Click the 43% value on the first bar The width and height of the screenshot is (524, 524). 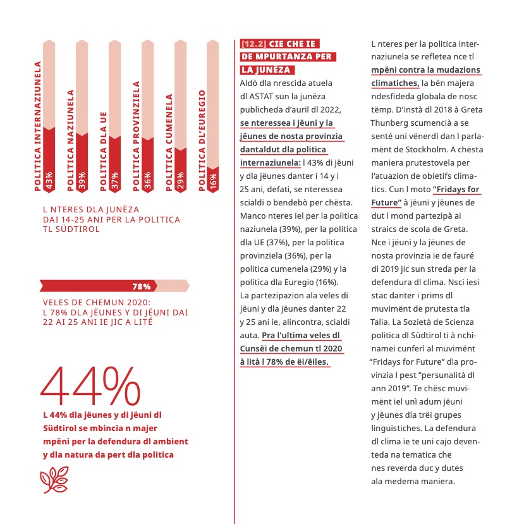click(49, 179)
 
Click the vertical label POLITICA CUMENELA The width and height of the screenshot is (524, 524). click(169, 142)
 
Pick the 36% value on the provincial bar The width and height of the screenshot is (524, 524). click(147, 180)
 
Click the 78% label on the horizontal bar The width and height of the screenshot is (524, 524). click(140, 286)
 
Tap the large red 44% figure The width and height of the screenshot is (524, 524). click(91, 387)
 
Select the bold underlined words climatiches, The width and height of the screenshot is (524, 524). click(395, 83)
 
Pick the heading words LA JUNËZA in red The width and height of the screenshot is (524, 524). click(266, 70)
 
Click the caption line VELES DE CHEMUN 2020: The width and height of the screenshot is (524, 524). click(97, 302)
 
